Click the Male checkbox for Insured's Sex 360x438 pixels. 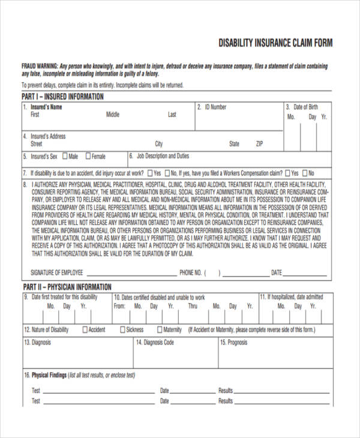pos(65,157)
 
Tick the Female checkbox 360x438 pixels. pos(88,157)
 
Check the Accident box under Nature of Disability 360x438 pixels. pos(85,329)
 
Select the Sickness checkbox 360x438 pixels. pos(122,329)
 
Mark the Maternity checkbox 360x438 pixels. pos(160,329)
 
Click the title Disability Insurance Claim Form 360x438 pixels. pos(275,43)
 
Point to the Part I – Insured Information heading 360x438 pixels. pos(62,97)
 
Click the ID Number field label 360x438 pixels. pos(215,107)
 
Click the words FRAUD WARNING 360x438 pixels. pos(40,65)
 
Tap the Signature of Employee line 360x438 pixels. pos(132,273)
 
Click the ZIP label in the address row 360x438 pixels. pos(259,144)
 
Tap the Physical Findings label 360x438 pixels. pos(49,375)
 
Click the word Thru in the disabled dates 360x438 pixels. pos(193,306)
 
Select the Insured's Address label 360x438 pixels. pos(48,137)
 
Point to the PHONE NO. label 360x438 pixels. pos(190,273)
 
